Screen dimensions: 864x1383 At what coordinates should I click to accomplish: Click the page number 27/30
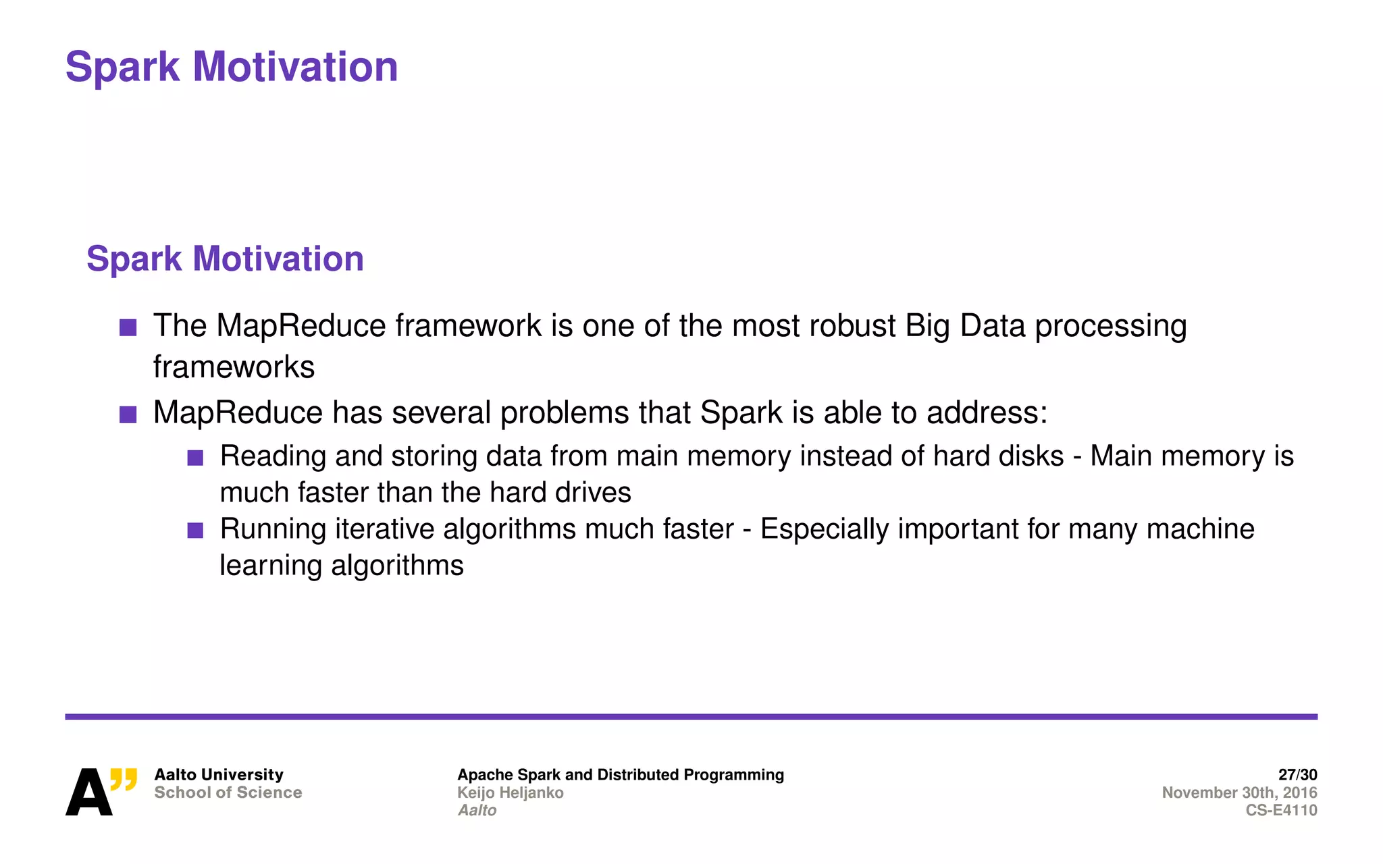pos(1297,774)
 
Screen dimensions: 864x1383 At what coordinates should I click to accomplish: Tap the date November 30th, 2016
pos(1239,792)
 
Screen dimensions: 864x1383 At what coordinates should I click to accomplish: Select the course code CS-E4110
pos(1281,810)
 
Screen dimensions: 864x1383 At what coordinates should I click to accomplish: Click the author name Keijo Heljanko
pos(510,792)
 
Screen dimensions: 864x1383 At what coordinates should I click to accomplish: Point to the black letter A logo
pos(88,793)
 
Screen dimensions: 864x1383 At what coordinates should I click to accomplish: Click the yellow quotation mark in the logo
pos(124,780)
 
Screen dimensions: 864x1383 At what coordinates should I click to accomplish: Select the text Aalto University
pos(219,774)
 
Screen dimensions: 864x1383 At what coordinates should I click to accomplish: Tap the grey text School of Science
pos(228,792)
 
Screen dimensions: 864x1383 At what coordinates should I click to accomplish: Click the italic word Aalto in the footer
pos(477,810)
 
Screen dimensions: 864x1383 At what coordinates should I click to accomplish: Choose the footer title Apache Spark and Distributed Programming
pos(621,774)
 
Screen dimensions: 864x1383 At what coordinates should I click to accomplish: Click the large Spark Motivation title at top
pos(232,67)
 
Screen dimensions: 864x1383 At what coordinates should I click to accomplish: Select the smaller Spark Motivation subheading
pos(225,259)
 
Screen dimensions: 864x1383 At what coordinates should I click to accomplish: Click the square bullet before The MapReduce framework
pos(128,328)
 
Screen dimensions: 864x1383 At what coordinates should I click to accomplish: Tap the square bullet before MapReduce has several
pos(128,414)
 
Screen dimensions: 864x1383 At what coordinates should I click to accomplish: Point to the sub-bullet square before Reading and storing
pos(195,458)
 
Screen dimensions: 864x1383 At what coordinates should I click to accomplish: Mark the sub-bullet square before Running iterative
pos(195,531)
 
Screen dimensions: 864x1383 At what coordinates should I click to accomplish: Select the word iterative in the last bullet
pos(384,529)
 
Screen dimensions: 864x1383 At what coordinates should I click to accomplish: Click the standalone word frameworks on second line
pos(234,367)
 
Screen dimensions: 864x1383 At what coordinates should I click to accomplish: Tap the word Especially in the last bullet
pos(824,529)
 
